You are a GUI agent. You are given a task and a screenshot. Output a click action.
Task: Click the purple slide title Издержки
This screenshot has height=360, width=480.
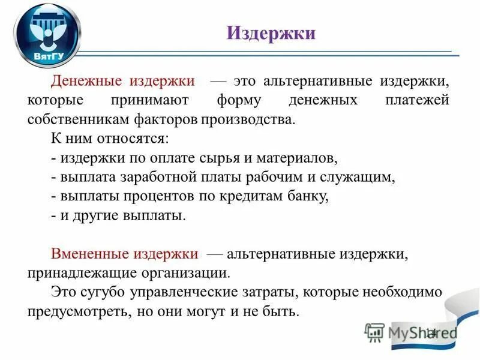(271, 32)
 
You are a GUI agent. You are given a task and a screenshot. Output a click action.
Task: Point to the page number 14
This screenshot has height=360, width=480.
(431, 334)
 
